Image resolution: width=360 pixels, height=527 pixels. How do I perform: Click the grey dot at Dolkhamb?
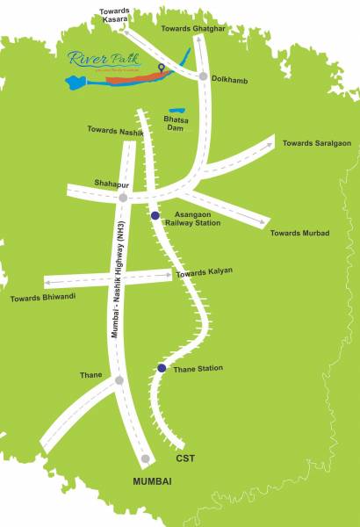[204, 76]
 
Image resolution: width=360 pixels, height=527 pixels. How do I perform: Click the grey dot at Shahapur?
[123, 198]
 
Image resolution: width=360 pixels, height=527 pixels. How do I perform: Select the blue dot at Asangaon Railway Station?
[155, 215]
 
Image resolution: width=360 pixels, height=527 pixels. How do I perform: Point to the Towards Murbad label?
[299, 233]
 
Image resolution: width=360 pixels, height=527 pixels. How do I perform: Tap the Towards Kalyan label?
[204, 271]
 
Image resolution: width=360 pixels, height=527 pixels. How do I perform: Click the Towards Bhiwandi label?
[43, 298]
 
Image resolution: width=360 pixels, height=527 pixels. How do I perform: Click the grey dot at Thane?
[119, 380]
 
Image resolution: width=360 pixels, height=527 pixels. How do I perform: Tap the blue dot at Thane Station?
[161, 368]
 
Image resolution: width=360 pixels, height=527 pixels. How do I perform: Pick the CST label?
[184, 458]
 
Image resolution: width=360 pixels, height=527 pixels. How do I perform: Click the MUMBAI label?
[151, 481]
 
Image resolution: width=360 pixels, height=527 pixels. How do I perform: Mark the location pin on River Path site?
[161, 68]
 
